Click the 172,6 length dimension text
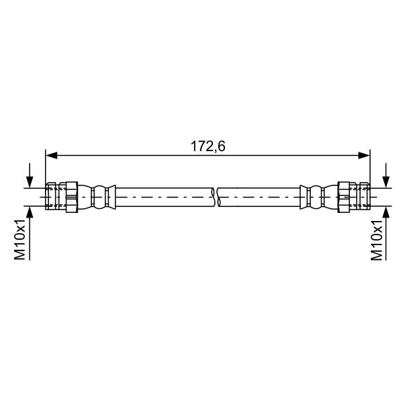click(208, 146)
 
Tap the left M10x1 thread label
click(19, 240)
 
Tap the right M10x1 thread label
click(377, 240)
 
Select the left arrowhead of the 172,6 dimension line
click(51, 155)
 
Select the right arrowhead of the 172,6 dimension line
click(365, 155)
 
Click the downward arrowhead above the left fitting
click(30, 182)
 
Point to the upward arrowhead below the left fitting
click(30, 212)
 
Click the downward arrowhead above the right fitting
click(386, 182)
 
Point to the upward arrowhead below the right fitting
click(386, 212)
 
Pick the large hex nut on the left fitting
click(72, 197)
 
